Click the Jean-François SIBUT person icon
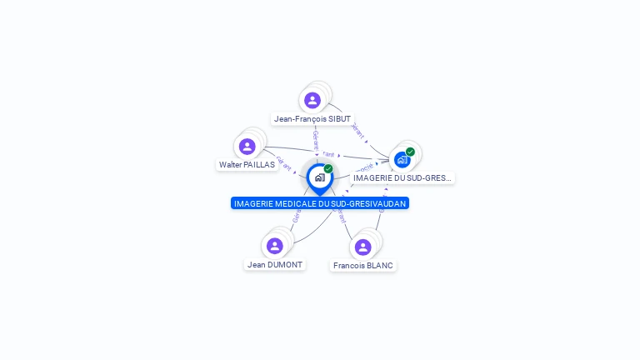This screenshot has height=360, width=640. (x=312, y=101)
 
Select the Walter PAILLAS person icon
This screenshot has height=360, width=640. (x=247, y=147)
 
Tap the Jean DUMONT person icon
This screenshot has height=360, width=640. (x=275, y=246)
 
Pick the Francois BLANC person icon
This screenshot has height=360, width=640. (x=362, y=247)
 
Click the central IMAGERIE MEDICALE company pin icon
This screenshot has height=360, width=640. (x=319, y=177)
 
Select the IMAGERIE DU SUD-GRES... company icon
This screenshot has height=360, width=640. (x=402, y=159)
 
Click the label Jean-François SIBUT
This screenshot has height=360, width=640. (x=312, y=119)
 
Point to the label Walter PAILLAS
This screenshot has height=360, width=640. (x=247, y=165)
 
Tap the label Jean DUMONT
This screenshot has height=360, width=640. (x=275, y=265)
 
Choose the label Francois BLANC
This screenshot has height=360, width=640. (x=362, y=266)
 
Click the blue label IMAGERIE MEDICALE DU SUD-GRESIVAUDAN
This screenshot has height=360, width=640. (x=320, y=203)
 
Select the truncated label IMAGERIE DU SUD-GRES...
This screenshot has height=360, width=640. (x=402, y=177)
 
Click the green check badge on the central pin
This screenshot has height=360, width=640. (x=328, y=168)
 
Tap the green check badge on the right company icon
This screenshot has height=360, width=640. (x=410, y=152)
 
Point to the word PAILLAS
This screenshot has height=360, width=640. (x=259, y=165)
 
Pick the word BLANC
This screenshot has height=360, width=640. (x=379, y=266)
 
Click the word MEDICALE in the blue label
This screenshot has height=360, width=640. (x=295, y=203)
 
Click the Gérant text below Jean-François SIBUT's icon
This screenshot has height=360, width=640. (x=315, y=140)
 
